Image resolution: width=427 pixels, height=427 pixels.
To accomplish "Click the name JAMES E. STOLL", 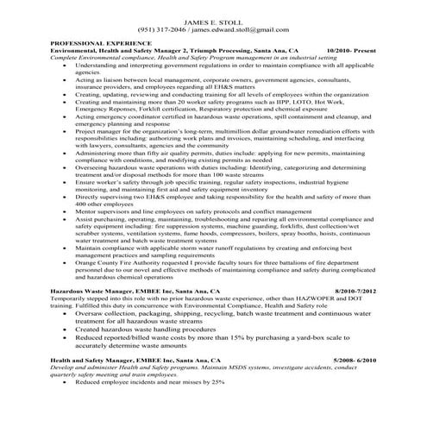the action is pos(212,19).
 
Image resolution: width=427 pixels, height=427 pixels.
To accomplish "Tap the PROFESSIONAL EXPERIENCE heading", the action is pos(101,42).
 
